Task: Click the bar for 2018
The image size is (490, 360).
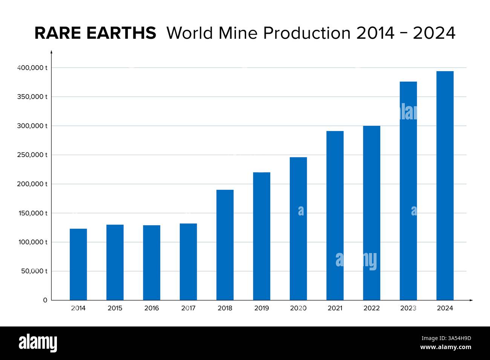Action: click(225, 245)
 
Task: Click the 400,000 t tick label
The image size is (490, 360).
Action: click(32, 68)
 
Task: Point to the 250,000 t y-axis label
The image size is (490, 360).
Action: click(32, 155)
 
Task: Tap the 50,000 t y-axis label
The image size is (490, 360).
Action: click(34, 271)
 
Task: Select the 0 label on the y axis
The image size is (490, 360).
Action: click(45, 300)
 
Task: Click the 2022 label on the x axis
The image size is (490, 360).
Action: click(372, 308)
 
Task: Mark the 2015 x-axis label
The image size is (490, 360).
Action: click(115, 308)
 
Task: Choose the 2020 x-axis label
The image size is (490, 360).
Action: click(298, 308)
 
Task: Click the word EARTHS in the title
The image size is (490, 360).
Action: click(121, 33)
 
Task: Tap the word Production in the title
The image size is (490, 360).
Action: click(307, 33)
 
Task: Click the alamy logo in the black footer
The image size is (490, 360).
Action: click(38, 343)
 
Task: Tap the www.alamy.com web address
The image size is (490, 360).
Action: click(446, 347)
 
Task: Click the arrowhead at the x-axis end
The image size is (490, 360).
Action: click(471, 300)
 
